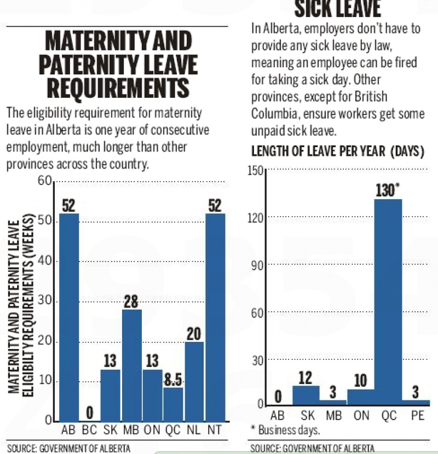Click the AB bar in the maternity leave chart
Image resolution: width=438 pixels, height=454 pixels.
(x=69, y=317)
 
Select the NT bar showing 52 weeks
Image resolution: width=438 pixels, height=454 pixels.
(x=215, y=317)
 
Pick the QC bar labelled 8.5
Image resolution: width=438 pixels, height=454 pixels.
(x=173, y=404)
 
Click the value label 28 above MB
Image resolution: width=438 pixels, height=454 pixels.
(x=131, y=301)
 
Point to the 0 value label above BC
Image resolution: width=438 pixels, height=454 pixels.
(x=90, y=412)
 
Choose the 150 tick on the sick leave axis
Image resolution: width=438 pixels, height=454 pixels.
(x=256, y=170)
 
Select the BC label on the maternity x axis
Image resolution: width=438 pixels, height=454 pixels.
(x=90, y=430)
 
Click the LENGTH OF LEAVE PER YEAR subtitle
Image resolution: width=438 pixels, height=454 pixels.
(x=338, y=152)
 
